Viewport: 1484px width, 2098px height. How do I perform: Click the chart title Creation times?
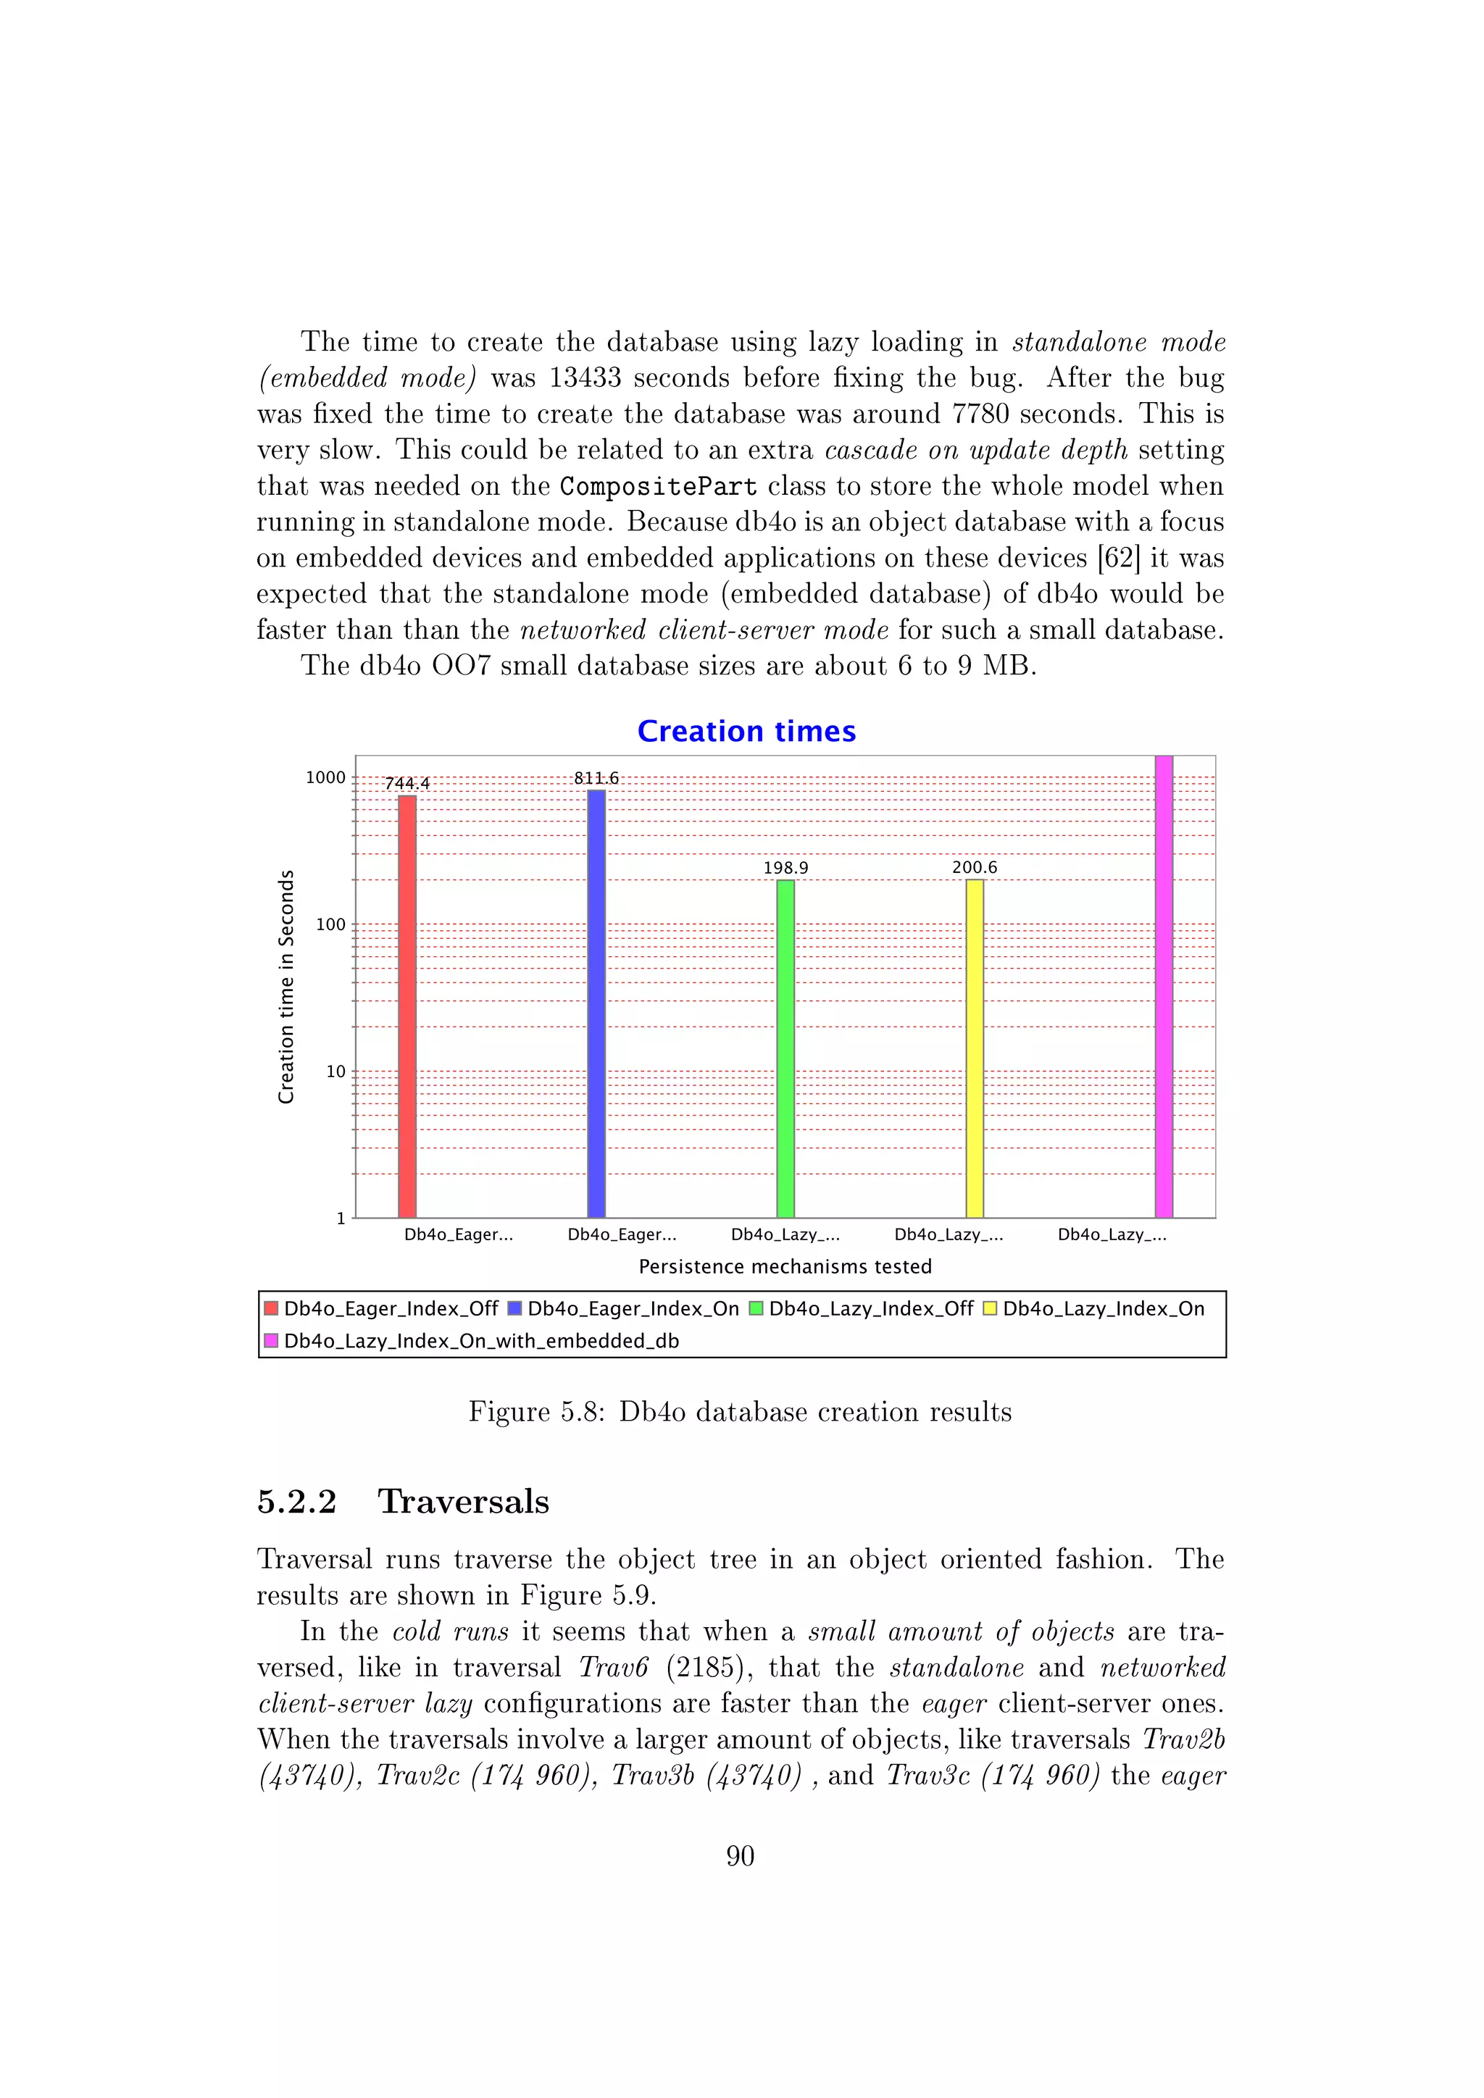(746, 731)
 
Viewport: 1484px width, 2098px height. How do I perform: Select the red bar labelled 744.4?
(407, 1005)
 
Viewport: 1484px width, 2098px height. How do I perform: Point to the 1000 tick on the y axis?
(325, 777)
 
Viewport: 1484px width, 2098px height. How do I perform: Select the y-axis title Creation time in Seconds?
(286, 986)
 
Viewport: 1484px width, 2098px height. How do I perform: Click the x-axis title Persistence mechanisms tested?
(785, 1266)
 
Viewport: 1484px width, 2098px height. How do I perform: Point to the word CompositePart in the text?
(658, 486)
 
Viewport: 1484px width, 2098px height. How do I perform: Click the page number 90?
(740, 1856)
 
